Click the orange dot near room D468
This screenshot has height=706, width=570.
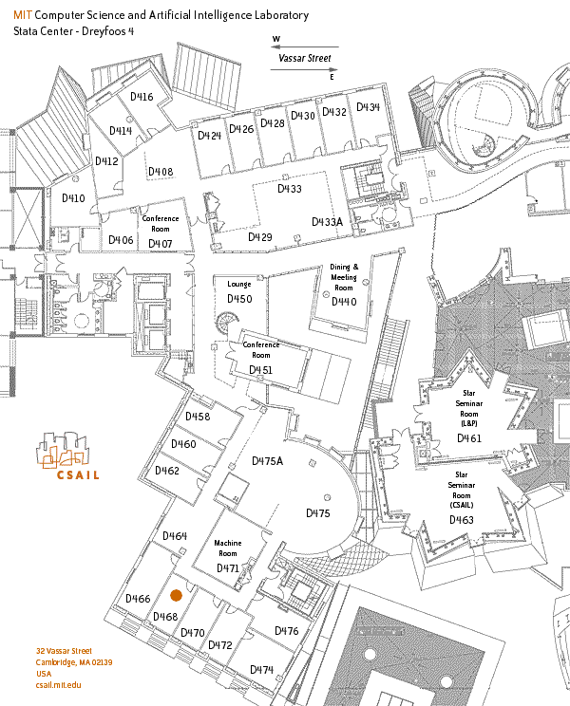pos(176,596)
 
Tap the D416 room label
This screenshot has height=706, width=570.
pos(142,97)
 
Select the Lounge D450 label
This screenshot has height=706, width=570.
pos(239,292)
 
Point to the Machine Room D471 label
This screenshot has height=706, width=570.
pos(228,556)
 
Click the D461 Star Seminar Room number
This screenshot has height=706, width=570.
pos(469,438)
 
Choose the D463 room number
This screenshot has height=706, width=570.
pos(462,520)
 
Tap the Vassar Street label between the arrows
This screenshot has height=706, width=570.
pos(305,58)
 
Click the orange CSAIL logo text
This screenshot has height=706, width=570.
pos(78,475)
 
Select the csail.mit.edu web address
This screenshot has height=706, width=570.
pos(59,685)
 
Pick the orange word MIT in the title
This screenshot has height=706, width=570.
pos(23,15)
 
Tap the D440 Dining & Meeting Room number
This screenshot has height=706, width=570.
pos(344,302)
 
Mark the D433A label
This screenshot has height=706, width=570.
pos(327,222)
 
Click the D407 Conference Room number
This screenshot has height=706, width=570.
pos(161,244)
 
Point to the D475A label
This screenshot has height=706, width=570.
pos(267,461)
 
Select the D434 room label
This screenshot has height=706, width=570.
pos(369,107)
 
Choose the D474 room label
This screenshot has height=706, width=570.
pos(262,670)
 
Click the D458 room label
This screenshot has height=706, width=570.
pos(198,417)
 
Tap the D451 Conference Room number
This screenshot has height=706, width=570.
pos(261,370)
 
